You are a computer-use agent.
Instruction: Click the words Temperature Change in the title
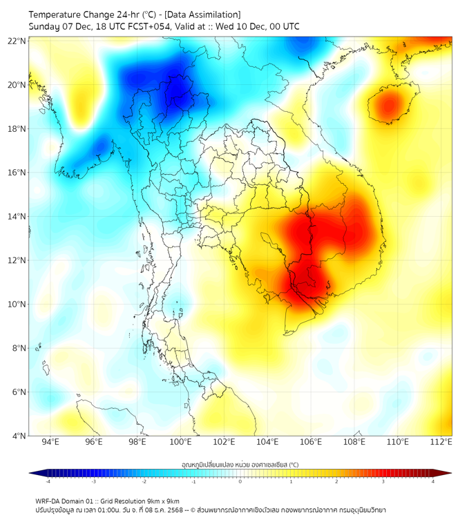tap(69, 14)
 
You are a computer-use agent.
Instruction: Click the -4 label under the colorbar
tap(48, 481)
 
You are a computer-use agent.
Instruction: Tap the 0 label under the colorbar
tap(240, 481)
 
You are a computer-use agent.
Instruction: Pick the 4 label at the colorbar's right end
tap(433, 481)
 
